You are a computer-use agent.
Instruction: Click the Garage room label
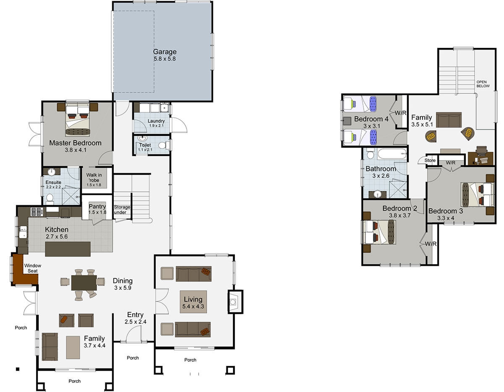(165, 52)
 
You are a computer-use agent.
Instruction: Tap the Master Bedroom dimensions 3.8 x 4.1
(75, 150)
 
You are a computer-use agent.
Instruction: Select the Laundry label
(156, 121)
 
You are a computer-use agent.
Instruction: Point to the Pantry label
(97, 207)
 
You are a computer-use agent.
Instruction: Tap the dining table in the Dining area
(84, 282)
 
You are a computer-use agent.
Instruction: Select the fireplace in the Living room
(234, 301)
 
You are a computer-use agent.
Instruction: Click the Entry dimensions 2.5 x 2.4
(135, 322)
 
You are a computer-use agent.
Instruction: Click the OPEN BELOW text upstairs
(483, 84)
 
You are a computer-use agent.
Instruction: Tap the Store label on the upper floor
(430, 160)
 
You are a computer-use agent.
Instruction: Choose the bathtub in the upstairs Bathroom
(391, 155)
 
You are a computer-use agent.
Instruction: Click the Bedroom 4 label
(368, 119)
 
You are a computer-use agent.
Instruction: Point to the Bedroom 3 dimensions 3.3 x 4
(446, 218)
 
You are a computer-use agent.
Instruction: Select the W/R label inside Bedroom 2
(430, 244)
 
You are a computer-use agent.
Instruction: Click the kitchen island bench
(68, 249)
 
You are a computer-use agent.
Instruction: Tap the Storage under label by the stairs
(122, 209)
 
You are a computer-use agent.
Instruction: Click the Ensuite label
(54, 182)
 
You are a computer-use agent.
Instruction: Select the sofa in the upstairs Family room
(449, 120)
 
